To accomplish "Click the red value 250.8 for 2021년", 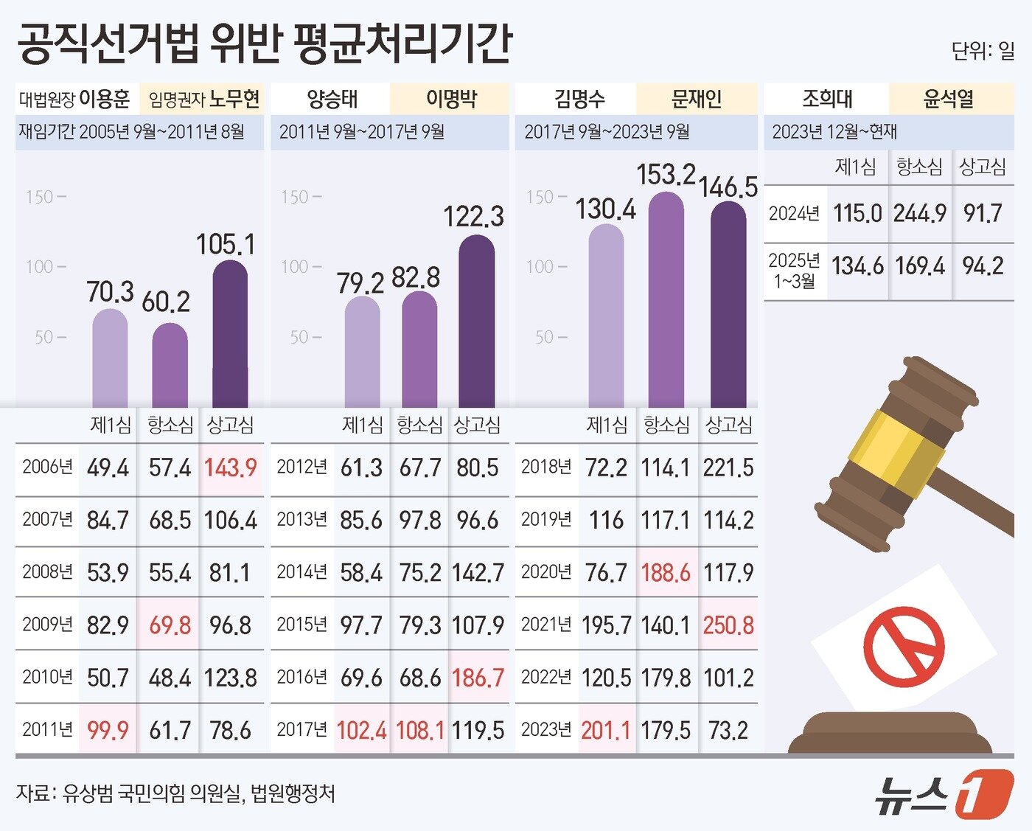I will (x=728, y=625).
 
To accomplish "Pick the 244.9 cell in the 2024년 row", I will (x=919, y=214).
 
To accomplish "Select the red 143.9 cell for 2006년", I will (x=230, y=467).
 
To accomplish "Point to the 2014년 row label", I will (x=301, y=572).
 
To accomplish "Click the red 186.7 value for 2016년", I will (x=478, y=678).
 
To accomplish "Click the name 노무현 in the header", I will (x=234, y=99).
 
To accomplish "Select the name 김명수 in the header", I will (x=579, y=99).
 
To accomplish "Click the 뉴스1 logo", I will (x=943, y=794).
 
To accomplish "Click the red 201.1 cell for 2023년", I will (x=605, y=731).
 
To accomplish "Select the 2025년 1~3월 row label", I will (x=794, y=271).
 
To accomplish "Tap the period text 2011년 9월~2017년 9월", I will (x=362, y=132).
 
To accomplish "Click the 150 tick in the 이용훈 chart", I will (x=40, y=197).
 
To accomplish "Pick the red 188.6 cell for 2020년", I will (x=666, y=573).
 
